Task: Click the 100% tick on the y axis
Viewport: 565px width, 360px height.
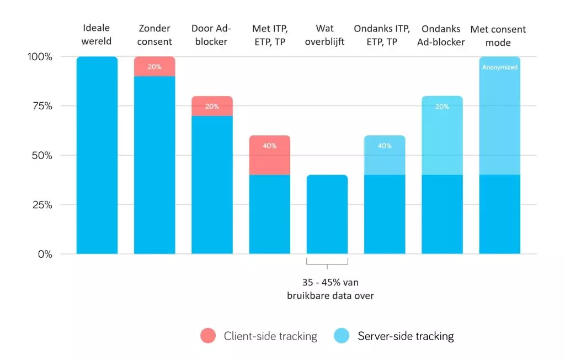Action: point(40,57)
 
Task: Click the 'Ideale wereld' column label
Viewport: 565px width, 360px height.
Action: point(97,34)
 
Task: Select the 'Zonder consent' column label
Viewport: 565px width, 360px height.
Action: point(154,34)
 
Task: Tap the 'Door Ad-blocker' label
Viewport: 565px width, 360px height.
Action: point(212,34)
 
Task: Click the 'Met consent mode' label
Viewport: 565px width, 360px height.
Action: point(498,35)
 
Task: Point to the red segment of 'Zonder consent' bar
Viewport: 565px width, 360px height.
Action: point(154,66)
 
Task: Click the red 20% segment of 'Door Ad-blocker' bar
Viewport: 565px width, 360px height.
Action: point(212,106)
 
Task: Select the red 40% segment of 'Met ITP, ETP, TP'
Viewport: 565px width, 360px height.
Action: point(270,155)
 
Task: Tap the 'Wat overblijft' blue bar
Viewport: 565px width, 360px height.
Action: point(327,215)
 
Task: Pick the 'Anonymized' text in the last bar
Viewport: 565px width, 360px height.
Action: point(499,67)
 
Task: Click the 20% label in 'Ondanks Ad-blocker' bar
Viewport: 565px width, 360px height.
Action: point(442,107)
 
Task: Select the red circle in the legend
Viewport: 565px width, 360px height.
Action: point(208,336)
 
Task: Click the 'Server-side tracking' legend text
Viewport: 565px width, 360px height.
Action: point(406,336)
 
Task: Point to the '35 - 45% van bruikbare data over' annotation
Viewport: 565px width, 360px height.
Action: point(330,289)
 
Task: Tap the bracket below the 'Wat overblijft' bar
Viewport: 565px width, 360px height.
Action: point(327,263)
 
